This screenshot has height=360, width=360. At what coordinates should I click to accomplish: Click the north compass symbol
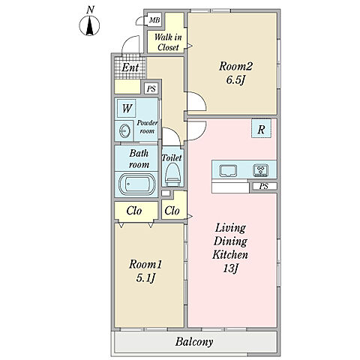coord(89,25)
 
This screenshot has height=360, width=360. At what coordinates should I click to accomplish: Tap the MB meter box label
coord(154,19)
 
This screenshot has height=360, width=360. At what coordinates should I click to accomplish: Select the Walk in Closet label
coord(168,42)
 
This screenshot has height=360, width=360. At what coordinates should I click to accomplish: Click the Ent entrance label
coord(130,67)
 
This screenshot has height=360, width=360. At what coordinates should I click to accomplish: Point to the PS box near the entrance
coord(151,88)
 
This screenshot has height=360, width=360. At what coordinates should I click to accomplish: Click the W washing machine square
coord(127,108)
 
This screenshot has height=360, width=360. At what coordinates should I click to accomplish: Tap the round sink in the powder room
coord(124,130)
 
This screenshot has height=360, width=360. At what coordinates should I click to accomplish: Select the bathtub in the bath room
coord(136,184)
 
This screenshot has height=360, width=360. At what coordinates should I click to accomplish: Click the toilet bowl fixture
coord(172,175)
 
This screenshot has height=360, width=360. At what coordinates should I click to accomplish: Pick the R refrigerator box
coord(261,128)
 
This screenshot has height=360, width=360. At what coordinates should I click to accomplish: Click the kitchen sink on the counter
coord(228,171)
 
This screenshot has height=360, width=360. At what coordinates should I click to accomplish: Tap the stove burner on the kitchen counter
coord(261,170)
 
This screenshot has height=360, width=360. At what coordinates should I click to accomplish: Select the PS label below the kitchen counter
coord(264,186)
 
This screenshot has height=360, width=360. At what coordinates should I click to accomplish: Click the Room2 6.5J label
coord(235,73)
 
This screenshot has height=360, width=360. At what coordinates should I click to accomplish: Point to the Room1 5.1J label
coord(145,271)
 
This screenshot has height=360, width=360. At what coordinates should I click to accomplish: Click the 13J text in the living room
coord(230,268)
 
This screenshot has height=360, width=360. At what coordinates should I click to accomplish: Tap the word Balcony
coord(194,342)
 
